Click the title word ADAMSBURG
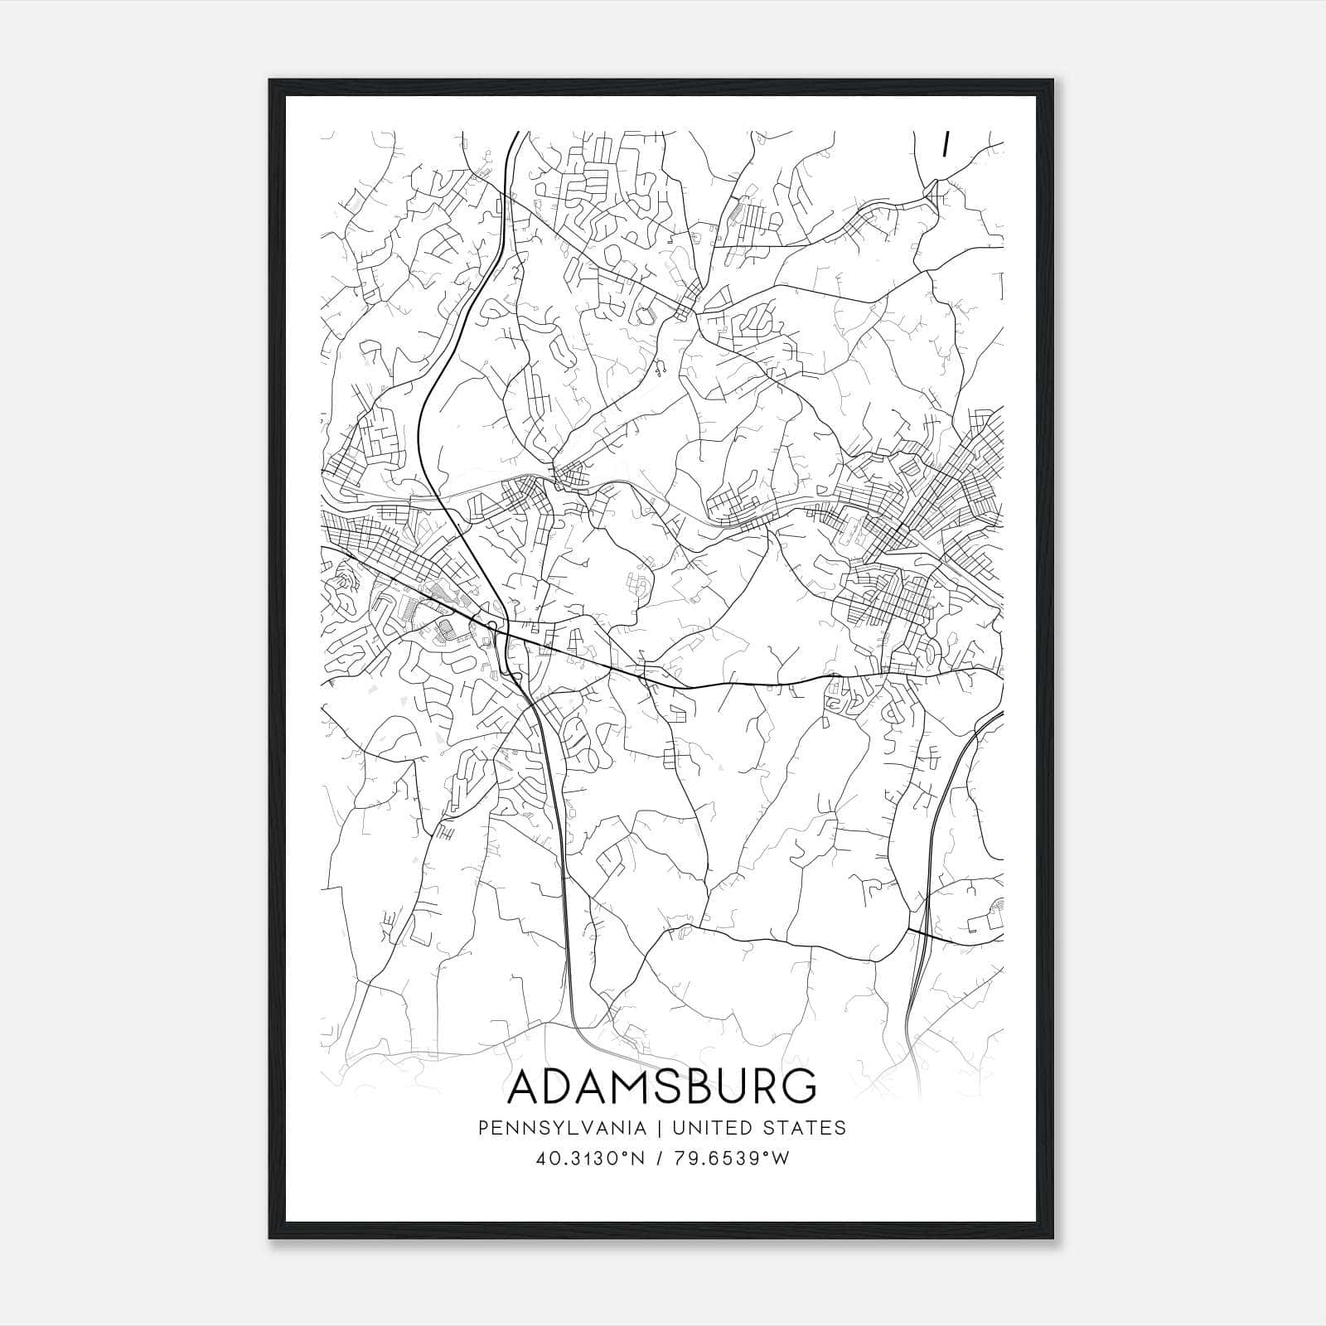pos(661,1086)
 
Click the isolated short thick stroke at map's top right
pos(945,144)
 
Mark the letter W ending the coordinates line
pos(782,1159)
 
